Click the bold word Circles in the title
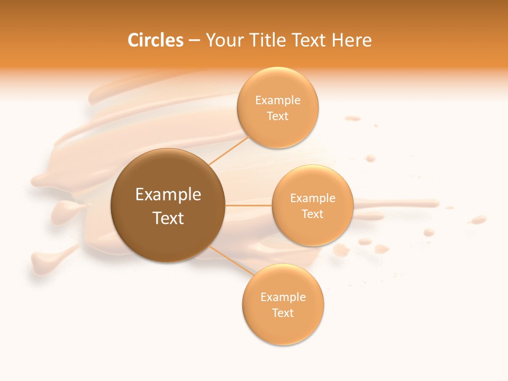point(155,40)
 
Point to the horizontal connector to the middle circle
point(249,205)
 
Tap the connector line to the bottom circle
point(232,260)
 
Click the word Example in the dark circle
point(168,195)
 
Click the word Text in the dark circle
point(168,218)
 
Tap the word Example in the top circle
point(278,100)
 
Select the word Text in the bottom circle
point(283,313)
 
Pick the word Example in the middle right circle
point(313,198)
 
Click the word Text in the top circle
point(278,116)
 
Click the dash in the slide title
point(194,41)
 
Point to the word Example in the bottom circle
point(283,297)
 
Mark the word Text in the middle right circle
point(313,214)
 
